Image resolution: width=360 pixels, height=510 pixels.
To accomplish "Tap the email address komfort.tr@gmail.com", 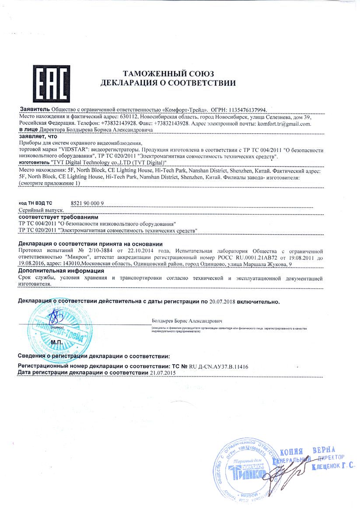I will [x=284, y=123].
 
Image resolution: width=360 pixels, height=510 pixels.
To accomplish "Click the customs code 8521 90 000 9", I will [x=87, y=204].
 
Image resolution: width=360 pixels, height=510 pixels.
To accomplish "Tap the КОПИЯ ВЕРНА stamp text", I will [x=307, y=450].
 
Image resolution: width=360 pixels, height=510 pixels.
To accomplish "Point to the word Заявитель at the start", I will [x=35, y=109].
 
